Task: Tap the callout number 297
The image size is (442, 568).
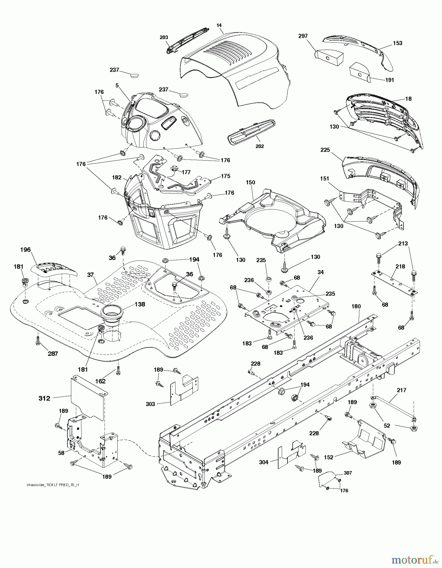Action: pos(303,36)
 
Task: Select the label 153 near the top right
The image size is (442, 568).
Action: pos(398,43)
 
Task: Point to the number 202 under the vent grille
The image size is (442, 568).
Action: pos(260,146)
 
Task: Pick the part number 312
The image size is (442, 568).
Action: pos(44,398)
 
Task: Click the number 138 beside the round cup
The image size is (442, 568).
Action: pos(140,304)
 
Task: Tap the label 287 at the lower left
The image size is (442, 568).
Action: pos(53,354)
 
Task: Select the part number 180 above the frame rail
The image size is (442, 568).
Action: pos(356,306)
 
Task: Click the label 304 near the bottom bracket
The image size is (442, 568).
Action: pos(263,462)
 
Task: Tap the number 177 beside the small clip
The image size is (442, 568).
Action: pos(186,172)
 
